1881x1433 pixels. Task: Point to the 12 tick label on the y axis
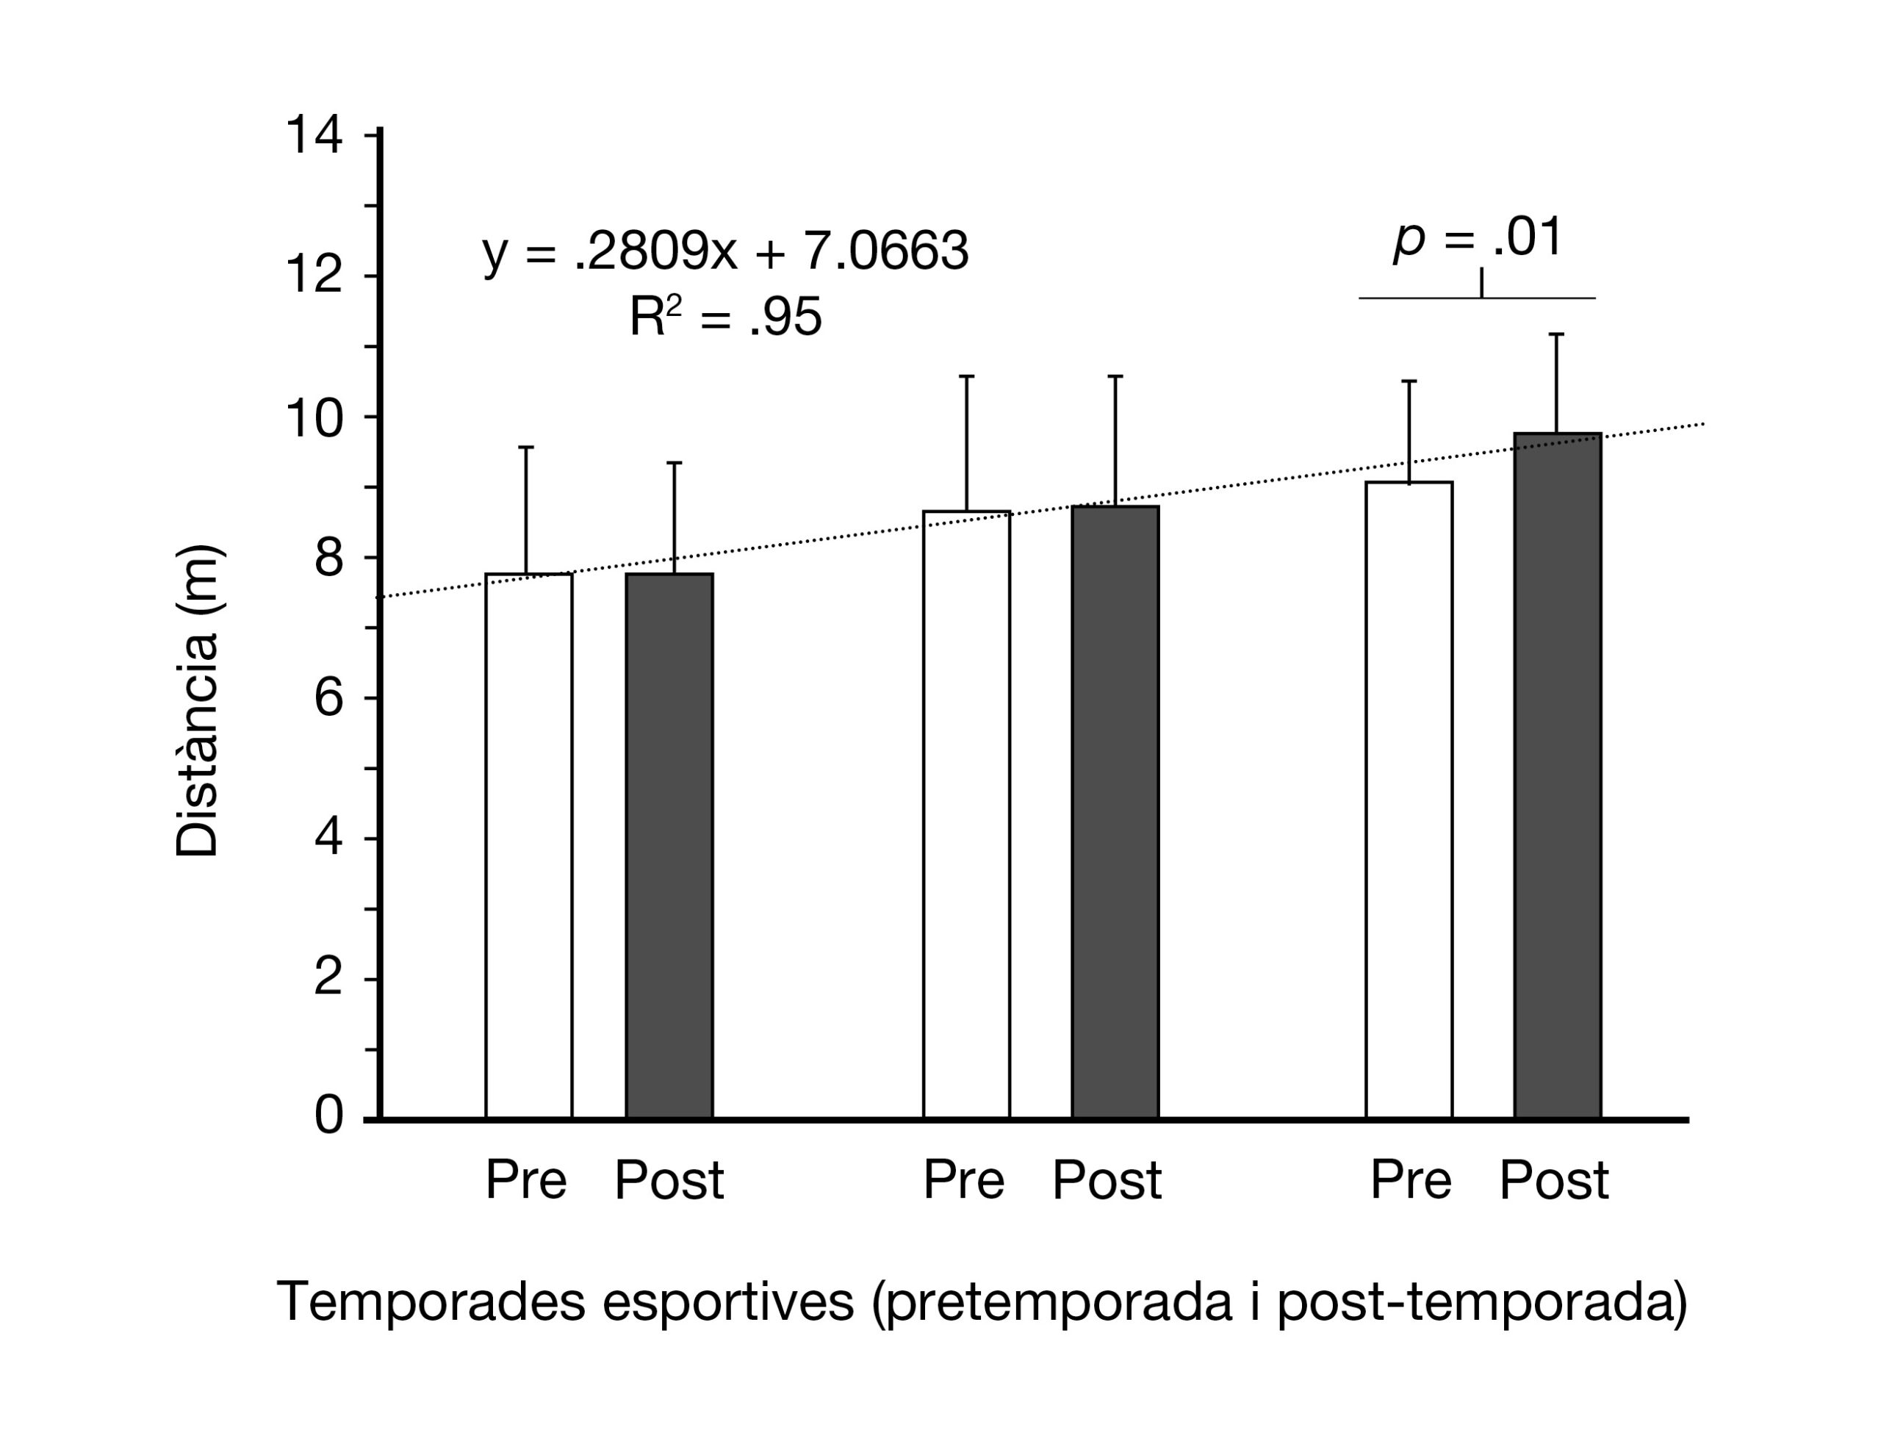(x=314, y=276)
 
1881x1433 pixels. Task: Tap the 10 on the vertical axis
(x=314, y=418)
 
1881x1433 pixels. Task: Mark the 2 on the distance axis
(x=328, y=977)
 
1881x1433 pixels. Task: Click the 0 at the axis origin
(x=328, y=1115)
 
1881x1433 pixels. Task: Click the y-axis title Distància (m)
(x=198, y=700)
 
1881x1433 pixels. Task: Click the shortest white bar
(x=528, y=844)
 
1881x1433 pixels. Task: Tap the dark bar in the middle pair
(x=1115, y=811)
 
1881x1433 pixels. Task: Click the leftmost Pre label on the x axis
(x=526, y=1180)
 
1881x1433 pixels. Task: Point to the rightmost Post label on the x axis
(x=1553, y=1180)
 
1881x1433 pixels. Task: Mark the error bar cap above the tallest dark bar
(x=1556, y=334)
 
